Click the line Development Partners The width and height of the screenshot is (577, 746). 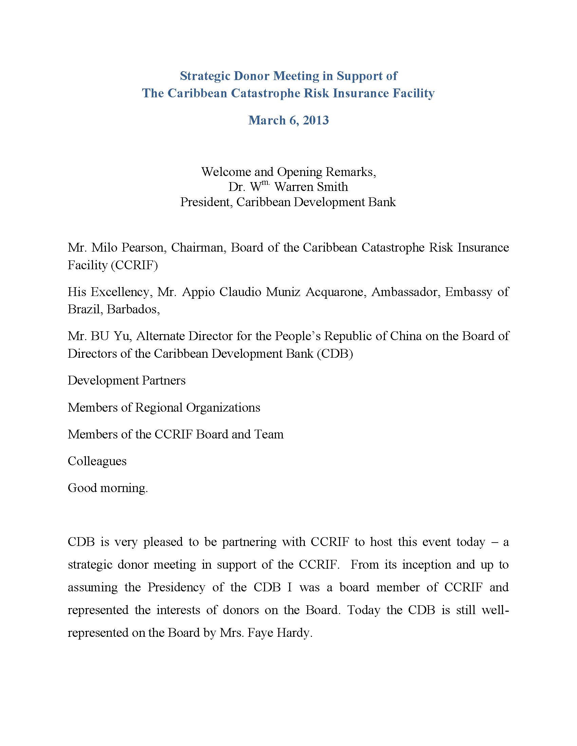[x=127, y=380]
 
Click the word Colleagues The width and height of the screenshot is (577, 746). [x=97, y=461]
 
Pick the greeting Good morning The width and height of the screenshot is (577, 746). [x=108, y=487]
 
